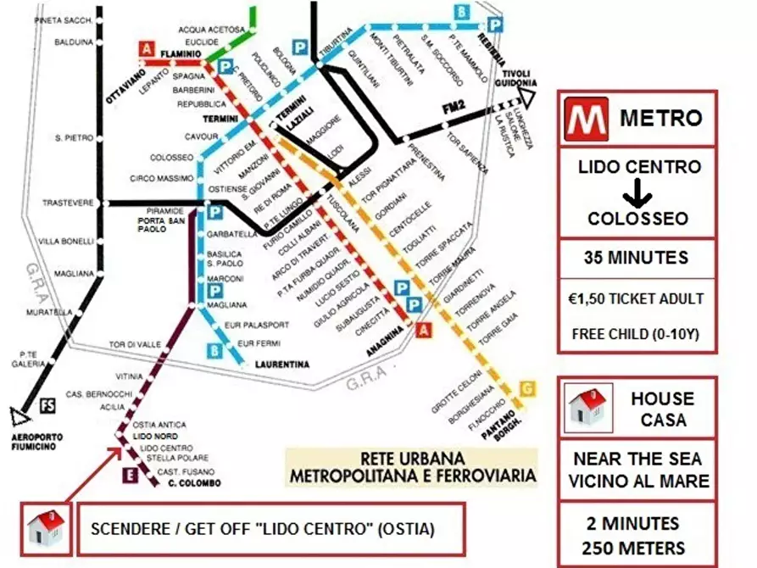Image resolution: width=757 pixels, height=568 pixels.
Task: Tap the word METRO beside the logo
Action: pos(661,118)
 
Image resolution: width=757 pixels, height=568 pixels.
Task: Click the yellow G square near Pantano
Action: pos(529,388)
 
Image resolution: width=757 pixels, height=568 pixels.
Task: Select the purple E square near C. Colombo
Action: pos(130,474)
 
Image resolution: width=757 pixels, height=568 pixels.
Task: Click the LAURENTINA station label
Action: pos(281,365)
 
